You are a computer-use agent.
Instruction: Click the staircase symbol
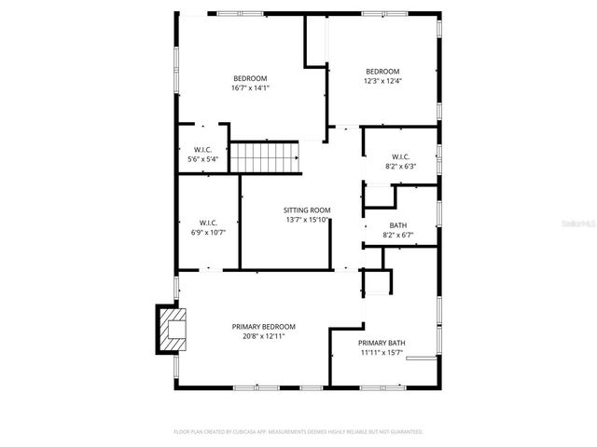click(267, 157)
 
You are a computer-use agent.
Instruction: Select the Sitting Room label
click(307, 210)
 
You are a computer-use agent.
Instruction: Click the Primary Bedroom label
click(263, 327)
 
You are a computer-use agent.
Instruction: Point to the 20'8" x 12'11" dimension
click(263, 336)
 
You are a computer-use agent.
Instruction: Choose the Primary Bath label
click(381, 344)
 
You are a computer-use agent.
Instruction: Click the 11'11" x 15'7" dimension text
click(381, 353)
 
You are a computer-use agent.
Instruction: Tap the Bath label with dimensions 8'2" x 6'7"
click(398, 225)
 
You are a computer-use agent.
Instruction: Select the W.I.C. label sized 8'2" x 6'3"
click(399, 156)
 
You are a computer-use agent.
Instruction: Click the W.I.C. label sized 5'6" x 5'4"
click(204, 150)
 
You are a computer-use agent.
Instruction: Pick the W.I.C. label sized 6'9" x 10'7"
click(208, 223)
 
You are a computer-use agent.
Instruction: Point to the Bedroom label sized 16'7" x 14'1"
click(250, 78)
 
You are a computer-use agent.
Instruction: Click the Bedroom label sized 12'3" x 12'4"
click(382, 72)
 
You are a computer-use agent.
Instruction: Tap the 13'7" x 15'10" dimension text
click(307, 220)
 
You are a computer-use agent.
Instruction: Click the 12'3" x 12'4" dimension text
click(382, 82)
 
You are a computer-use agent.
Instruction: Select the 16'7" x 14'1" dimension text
click(250, 88)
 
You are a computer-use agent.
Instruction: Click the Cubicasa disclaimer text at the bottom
click(298, 432)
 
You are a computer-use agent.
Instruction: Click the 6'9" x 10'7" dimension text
click(208, 232)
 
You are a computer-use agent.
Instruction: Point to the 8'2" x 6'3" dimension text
click(399, 166)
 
